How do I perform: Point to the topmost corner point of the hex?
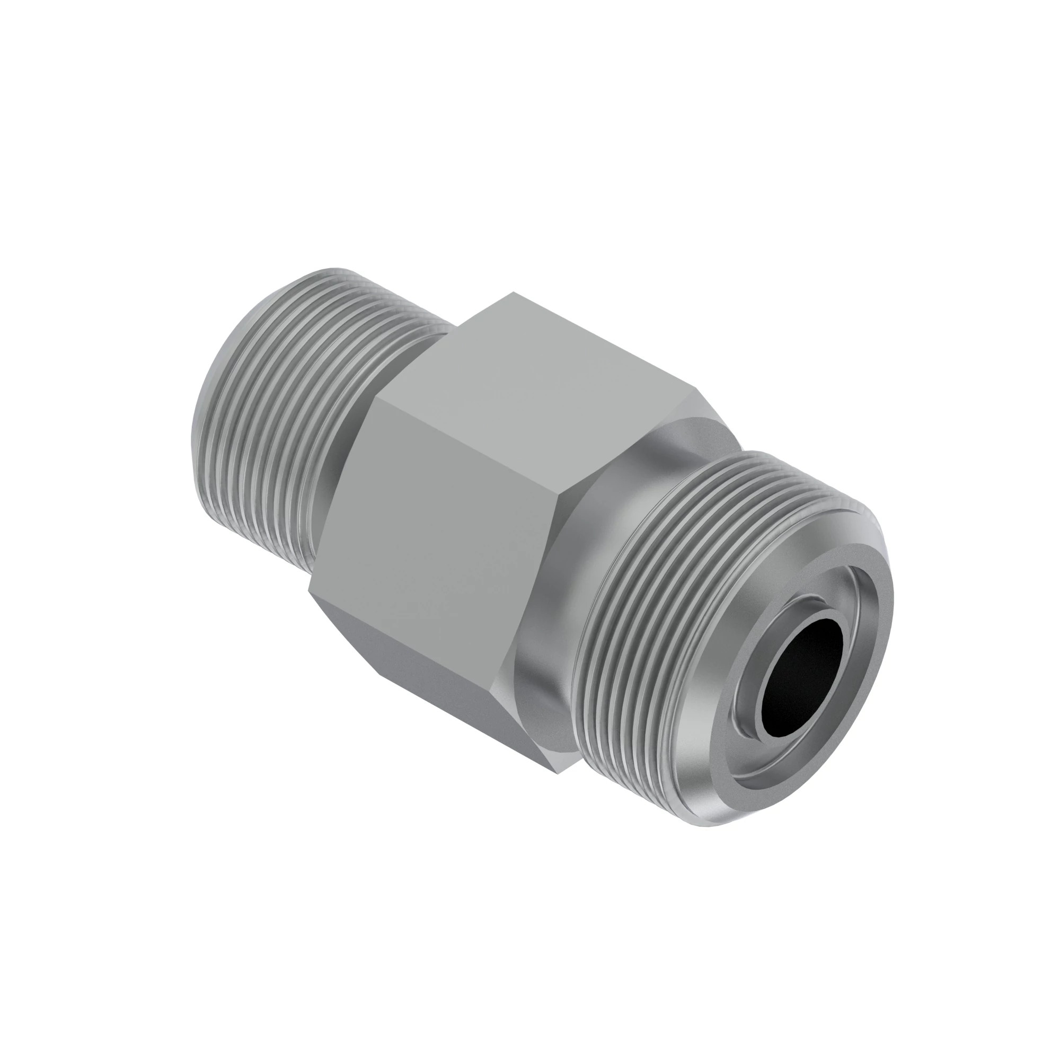[513, 293]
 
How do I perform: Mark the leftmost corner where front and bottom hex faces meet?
[309, 591]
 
